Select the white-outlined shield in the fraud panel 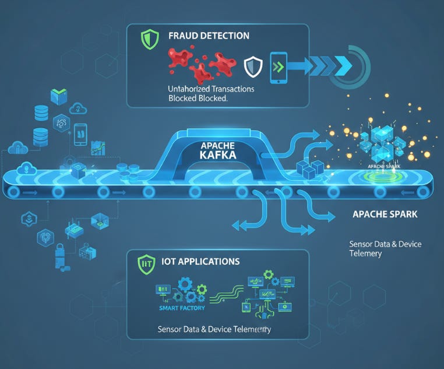pyautogui.click(x=253, y=66)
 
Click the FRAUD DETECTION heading pyautogui.click(x=209, y=36)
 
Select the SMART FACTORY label pyautogui.click(x=178, y=308)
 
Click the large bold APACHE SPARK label pyautogui.click(x=385, y=214)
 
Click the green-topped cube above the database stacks pyautogui.click(x=59, y=96)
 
